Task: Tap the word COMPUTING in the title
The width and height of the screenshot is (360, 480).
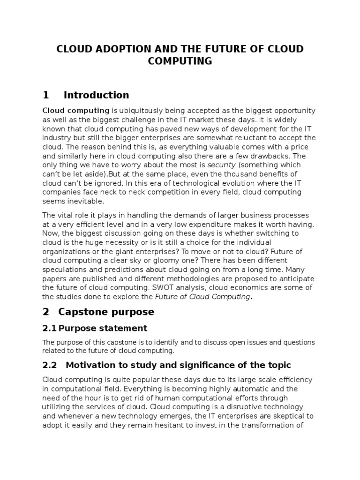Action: coord(180,61)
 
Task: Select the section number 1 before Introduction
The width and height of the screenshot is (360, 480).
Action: coord(45,95)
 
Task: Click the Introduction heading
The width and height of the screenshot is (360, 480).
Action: coord(96,95)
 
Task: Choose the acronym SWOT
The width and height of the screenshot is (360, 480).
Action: coord(167,287)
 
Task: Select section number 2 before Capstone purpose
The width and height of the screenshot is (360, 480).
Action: coord(45,312)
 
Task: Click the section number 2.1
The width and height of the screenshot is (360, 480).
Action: coord(50,328)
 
